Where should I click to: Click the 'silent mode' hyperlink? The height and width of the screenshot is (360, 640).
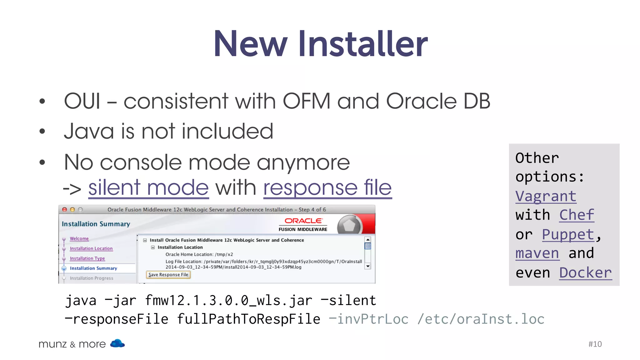pos(148,188)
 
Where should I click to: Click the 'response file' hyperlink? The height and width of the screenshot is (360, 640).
pos(327,188)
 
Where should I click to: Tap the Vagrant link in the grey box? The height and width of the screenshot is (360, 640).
pos(546,196)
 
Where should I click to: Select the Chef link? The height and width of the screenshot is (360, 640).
pos(577,215)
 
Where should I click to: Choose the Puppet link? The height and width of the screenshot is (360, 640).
pos(568,234)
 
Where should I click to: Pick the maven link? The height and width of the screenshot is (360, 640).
pos(537,253)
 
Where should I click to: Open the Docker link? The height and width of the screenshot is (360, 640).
pos(585,273)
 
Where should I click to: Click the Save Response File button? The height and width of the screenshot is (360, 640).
pos(168,275)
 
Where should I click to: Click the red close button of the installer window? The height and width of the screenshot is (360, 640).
pos(65,210)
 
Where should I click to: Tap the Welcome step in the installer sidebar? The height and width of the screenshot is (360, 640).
pos(79,238)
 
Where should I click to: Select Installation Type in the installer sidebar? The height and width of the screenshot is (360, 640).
pos(87,258)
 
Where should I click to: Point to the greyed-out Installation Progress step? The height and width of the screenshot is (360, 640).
pos(91,278)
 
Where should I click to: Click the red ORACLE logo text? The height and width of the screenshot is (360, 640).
pos(303,221)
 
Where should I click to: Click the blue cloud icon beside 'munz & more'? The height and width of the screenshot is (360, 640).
pos(117,343)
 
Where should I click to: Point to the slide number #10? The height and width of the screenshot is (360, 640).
pos(595,344)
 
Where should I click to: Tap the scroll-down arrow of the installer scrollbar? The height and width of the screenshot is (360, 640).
pos(368,266)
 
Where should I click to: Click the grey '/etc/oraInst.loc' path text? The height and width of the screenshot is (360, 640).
pos(481,319)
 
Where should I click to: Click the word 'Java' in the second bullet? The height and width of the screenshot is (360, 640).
pos(89,131)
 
